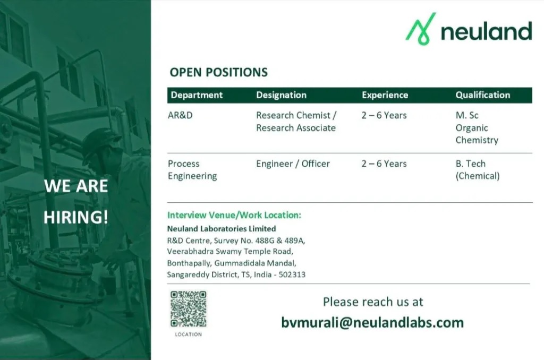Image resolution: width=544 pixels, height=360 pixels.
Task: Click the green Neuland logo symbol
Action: (421, 29)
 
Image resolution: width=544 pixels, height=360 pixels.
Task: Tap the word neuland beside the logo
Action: (486, 31)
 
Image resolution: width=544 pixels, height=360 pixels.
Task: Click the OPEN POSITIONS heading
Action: (218, 72)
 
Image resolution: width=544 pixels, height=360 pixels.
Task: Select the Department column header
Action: (197, 95)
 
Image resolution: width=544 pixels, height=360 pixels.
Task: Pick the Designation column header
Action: (282, 95)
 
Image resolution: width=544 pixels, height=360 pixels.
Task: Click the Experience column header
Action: (385, 95)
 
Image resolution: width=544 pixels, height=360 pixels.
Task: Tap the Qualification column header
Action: (482, 95)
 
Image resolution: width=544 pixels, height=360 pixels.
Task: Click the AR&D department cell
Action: (180, 115)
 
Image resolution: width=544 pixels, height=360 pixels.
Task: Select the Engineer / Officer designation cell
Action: (293, 164)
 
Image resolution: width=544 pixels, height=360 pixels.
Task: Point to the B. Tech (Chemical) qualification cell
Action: (478, 169)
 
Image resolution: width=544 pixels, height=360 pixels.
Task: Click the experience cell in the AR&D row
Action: (384, 115)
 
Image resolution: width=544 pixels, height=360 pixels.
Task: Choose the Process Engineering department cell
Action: (192, 169)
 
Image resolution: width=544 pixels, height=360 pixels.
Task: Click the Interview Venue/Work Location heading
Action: (234, 215)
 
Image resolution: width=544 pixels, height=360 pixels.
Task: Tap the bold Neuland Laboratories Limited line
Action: (222, 228)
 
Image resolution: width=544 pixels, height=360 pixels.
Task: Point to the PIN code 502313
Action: (292, 275)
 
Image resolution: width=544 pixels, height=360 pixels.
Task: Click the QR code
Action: (189, 309)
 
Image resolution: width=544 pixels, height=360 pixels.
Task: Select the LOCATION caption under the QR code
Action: (189, 335)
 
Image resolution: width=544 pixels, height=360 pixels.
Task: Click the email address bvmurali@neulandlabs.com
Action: (372, 322)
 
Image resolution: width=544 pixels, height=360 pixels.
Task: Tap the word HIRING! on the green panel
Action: (75, 217)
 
